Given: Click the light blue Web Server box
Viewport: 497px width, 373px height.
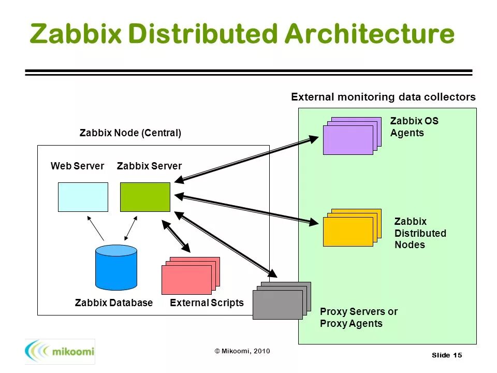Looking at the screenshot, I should pos(83,197).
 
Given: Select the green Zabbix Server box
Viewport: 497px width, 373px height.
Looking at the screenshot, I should pos(145,197).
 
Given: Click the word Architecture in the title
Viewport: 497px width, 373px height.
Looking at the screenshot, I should pos(369,34).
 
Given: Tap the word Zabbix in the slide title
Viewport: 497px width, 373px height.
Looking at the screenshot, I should pos(76,34).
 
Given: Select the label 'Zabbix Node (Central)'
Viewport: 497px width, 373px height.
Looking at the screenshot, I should pos(130,133).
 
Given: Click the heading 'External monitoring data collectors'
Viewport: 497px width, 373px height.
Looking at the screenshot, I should pos(383,97).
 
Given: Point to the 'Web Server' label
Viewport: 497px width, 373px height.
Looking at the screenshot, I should pos(77,166).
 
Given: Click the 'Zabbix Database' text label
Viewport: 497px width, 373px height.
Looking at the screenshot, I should pos(114,303).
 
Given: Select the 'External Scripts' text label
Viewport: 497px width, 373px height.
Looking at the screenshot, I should pos(207,303).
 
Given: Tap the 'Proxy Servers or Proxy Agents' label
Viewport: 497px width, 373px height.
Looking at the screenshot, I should pos(358,318).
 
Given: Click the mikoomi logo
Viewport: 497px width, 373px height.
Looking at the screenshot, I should pos(60,352).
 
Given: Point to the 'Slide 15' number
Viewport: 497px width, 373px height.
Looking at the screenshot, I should pos(446,355).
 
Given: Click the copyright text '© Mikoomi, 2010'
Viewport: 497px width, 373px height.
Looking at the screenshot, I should pos(242,351).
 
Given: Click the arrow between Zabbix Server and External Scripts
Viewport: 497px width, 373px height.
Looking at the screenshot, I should pos(177,237).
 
